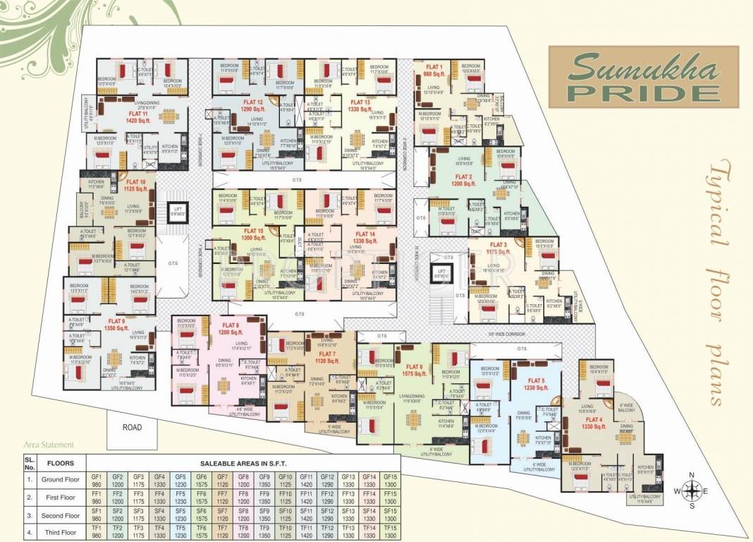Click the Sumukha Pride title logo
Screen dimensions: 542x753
[644, 73]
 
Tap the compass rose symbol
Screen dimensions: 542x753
[692, 490]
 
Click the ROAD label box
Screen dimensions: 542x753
[132, 428]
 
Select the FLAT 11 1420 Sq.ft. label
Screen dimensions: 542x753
[137, 116]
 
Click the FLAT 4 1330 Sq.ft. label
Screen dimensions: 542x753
[594, 423]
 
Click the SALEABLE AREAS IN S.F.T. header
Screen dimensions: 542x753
[242, 463]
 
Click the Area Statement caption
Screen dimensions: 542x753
[49, 445]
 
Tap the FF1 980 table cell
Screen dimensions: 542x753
[97, 498]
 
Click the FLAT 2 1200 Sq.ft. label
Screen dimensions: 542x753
[463, 180]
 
